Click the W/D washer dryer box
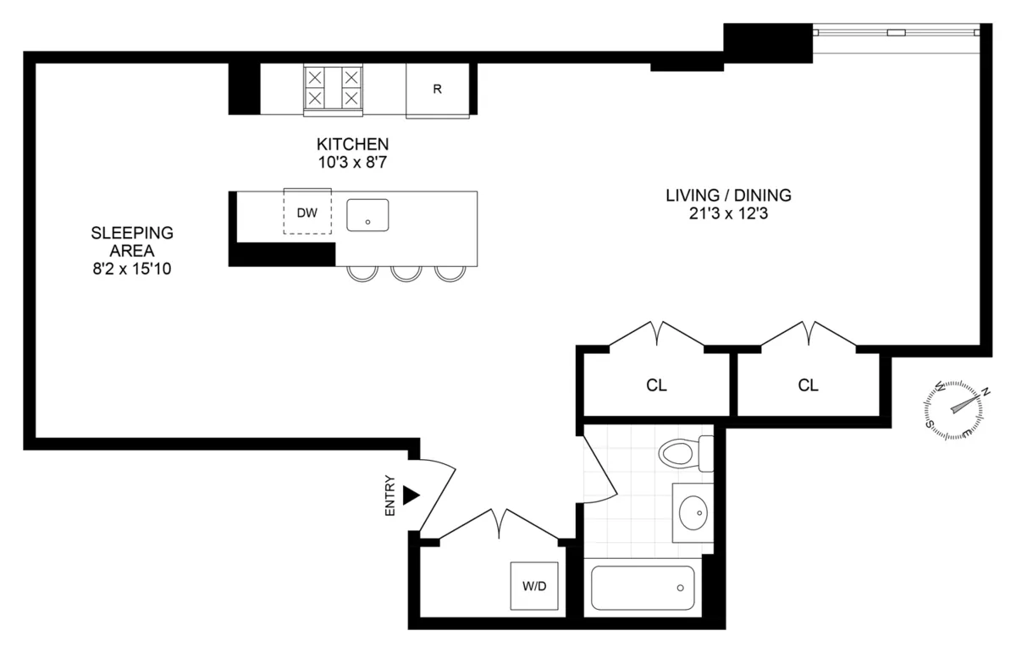[534, 586]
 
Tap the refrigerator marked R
[437, 89]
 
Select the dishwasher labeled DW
[306, 213]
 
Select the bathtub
[643, 587]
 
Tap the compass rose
[955, 410]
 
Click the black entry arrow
[411, 495]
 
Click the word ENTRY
[390, 495]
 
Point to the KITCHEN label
[353, 144]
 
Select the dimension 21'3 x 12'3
[728, 214]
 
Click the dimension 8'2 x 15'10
[132, 268]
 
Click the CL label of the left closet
[656, 385]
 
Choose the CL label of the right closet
[809, 385]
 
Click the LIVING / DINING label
[728, 196]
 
